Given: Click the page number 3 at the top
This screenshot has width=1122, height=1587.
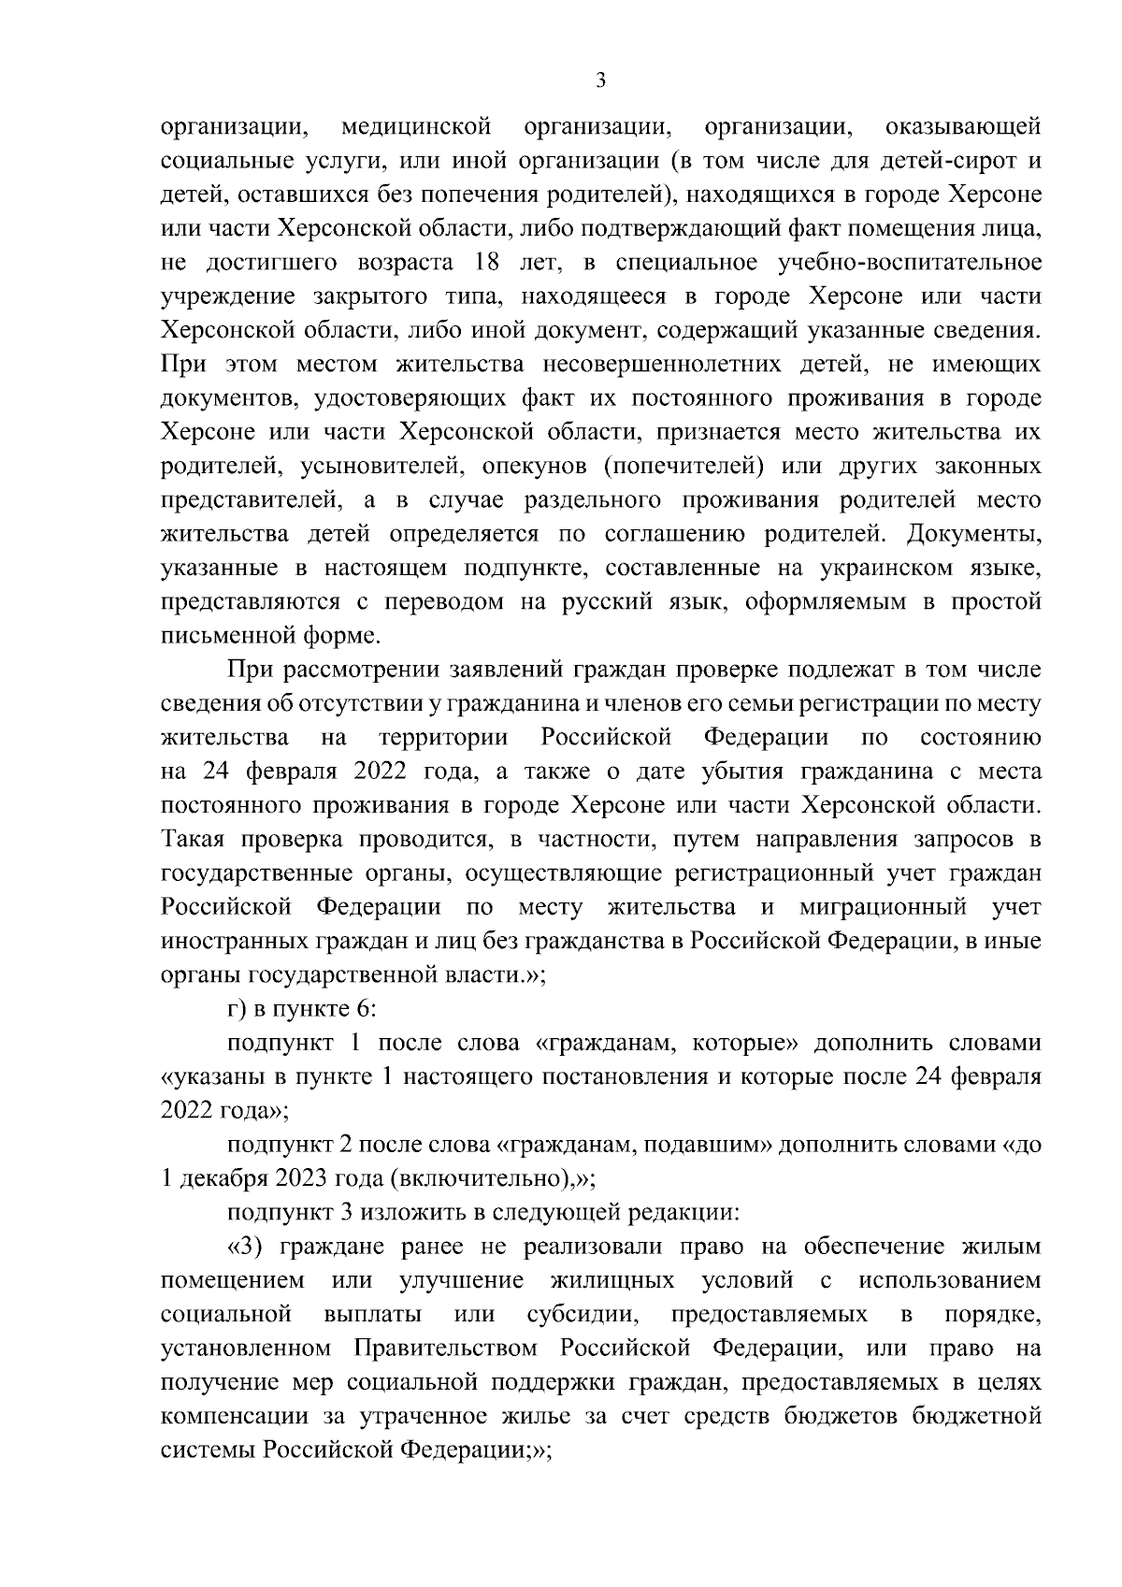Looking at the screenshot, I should coord(600,81).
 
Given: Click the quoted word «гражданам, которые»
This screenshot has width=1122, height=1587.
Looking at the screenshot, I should coord(666,1044).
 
